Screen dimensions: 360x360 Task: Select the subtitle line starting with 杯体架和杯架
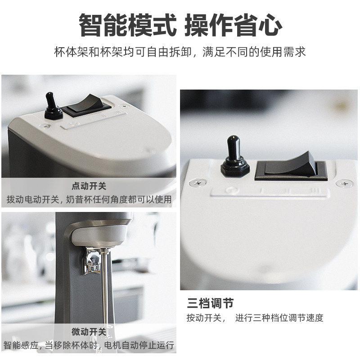click(180, 51)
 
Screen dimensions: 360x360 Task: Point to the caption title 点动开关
click(89, 186)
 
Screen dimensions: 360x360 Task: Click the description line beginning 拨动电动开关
click(89, 198)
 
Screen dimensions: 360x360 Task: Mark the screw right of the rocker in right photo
click(344, 184)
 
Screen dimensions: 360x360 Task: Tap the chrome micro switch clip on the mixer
click(93, 261)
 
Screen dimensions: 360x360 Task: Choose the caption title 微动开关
click(89, 332)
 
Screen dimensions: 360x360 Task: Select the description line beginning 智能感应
click(89, 346)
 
